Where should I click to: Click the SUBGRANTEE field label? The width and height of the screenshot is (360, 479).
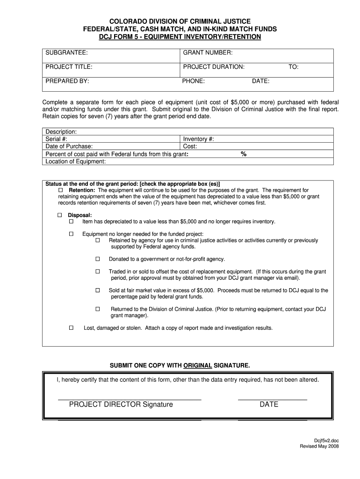pyautogui.click(x=66, y=53)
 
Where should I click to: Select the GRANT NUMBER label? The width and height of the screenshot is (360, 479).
pyautogui.click(x=208, y=53)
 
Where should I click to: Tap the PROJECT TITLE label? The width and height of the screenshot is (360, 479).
pyautogui.click(x=69, y=67)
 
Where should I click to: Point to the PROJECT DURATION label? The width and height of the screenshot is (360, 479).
pyautogui.click(x=214, y=67)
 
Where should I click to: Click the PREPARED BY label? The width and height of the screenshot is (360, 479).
pyautogui.click(x=67, y=81)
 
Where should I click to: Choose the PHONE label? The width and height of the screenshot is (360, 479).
pyautogui.click(x=193, y=81)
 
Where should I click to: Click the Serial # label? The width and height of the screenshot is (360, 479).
pyautogui.click(x=56, y=139)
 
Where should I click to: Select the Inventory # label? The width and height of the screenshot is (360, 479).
pyautogui.click(x=199, y=139)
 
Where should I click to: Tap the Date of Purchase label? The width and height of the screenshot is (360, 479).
pyautogui.click(x=69, y=146)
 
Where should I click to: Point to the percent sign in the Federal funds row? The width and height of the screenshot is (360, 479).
pyautogui.click(x=244, y=154)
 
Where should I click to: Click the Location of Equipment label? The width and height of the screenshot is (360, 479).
pyautogui.click(x=75, y=161)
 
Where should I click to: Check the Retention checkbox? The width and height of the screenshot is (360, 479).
pyautogui.click(x=60, y=190)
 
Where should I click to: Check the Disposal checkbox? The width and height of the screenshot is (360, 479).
pyautogui.click(x=60, y=215)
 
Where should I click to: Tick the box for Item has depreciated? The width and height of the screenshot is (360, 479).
pyautogui.click(x=72, y=221)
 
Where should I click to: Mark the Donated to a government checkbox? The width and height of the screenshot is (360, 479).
pyautogui.click(x=98, y=259)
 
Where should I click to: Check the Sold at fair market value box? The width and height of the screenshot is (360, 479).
pyautogui.click(x=98, y=290)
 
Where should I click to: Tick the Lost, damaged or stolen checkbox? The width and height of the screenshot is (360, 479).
pyautogui.click(x=72, y=328)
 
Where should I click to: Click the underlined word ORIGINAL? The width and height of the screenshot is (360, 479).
pyautogui.click(x=198, y=364)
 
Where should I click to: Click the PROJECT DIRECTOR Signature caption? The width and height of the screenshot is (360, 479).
pyautogui.click(x=121, y=404)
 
